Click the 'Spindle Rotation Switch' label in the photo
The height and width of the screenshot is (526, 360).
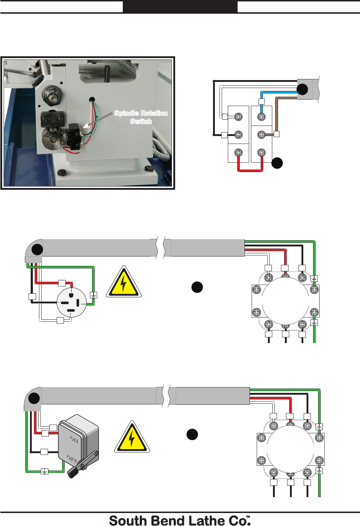click(x=141, y=117)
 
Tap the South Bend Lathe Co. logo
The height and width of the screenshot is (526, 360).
click(x=180, y=521)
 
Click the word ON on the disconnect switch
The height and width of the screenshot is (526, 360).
click(x=74, y=439)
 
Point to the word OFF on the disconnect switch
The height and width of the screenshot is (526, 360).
click(x=72, y=459)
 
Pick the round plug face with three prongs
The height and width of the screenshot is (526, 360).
click(x=71, y=302)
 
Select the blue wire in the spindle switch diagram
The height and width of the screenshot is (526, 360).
click(x=278, y=93)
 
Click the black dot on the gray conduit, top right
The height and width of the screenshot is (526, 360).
click(x=302, y=89)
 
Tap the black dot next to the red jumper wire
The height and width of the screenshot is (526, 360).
click(x=277, y=163)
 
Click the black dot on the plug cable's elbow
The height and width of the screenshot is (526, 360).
click(x=37, y=249)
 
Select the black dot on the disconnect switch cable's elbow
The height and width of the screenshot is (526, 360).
click(x=34, y=399)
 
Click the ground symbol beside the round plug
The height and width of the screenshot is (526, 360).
click(x=93, y=295)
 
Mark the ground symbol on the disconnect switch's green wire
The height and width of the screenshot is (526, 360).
click(x=44, y=471)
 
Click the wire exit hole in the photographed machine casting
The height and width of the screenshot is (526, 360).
click(x=92, y=99)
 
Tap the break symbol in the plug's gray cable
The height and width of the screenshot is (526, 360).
click(x=161, y=248)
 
